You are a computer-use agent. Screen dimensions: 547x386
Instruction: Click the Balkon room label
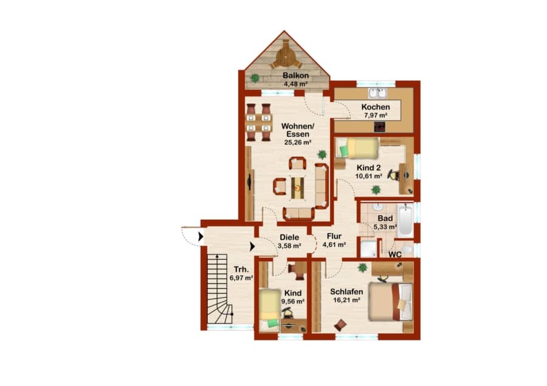point(295,75)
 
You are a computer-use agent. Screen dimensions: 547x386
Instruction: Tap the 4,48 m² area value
point(295,84)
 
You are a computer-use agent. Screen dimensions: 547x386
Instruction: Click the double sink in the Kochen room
point(377,93)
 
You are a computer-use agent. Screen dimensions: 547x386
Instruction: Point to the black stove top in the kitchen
point(379,127)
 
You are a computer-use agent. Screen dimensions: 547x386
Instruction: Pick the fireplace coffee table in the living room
point(297,188)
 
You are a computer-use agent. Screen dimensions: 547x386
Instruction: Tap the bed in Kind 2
point(357,149)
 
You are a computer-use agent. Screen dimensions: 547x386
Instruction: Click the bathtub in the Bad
point(405,220)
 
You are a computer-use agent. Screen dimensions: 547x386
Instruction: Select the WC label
point(395,255)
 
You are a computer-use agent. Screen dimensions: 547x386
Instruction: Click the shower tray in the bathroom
point(368,248)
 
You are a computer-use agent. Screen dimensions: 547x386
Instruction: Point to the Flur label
point(334,236)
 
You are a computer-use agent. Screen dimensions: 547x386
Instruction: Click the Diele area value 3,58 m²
point(289,246)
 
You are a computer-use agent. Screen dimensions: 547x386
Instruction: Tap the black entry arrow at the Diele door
point(252,246)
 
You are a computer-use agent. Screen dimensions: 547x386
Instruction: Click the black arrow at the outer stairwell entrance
point(201,237)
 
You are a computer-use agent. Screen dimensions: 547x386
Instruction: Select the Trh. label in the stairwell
point(241,269)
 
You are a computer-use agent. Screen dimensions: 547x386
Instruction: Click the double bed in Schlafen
point(391,302)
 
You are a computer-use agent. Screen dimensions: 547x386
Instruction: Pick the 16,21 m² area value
point(346,300)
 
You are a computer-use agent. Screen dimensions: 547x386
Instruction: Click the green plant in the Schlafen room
point(362,268)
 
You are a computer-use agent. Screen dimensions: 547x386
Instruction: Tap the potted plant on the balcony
point(255,78)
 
